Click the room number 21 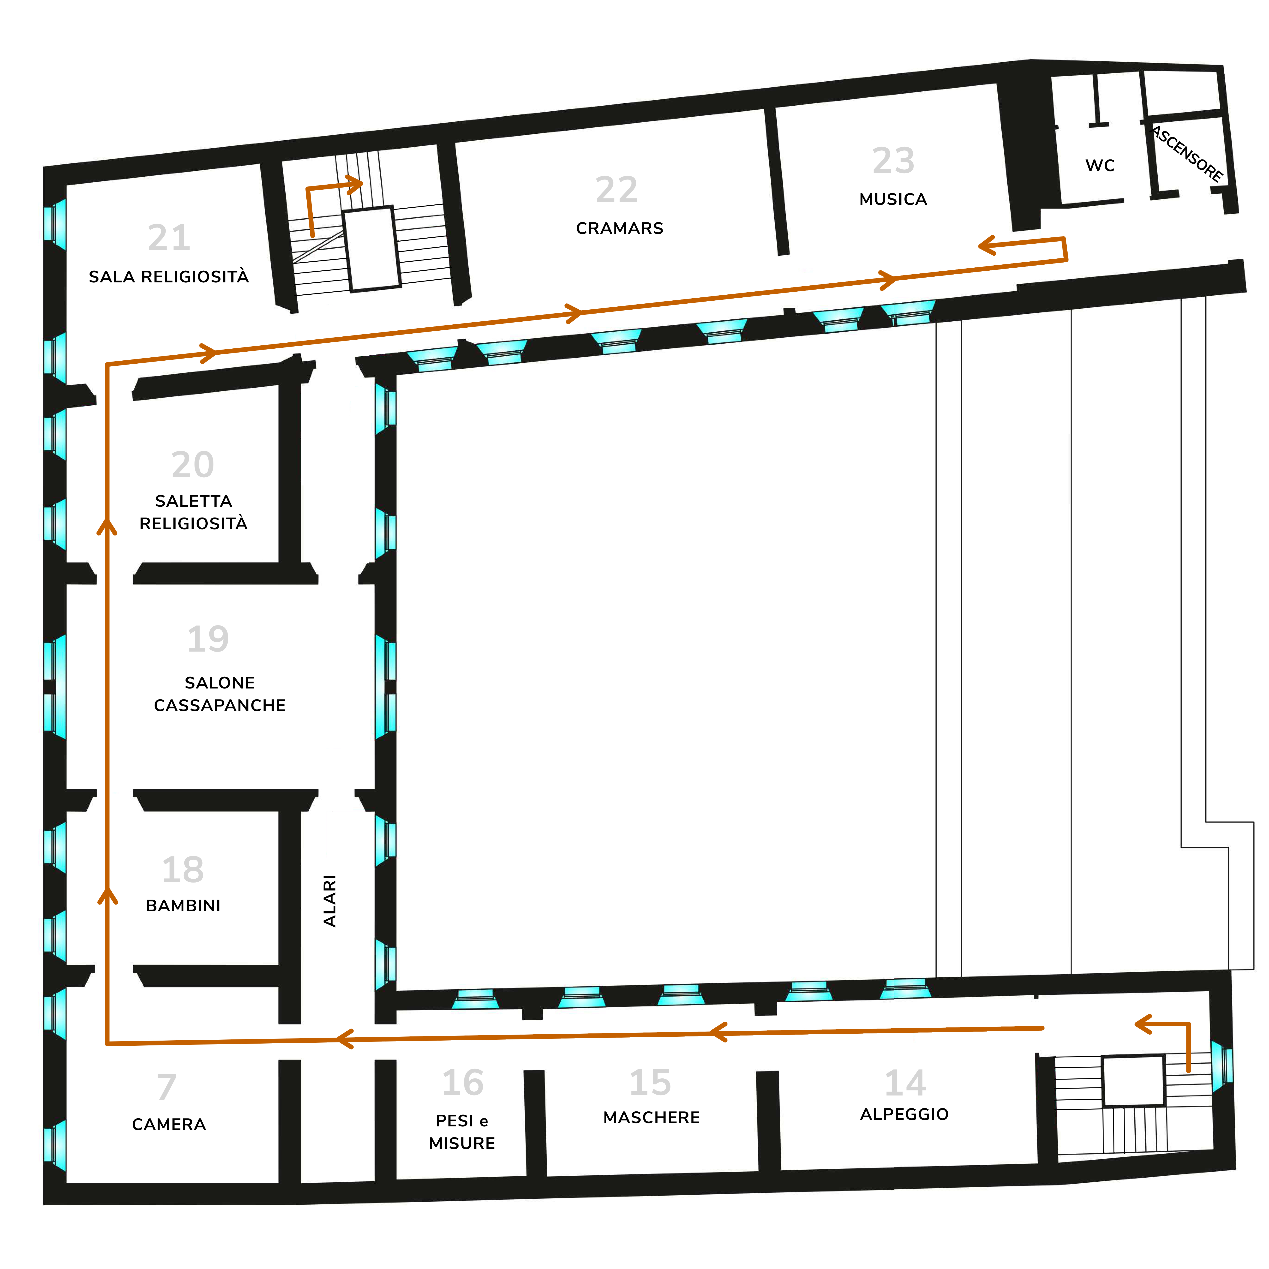pos(169,238)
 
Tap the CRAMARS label pos(620,229)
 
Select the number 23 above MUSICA pos(893,160)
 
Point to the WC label pos(1100,165)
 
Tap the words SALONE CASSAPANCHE pos(219,694)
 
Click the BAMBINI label pos(183,906)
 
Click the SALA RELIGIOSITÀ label pos(169,276)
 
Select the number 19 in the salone pos(208,639)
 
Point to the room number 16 pos(462,1083)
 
